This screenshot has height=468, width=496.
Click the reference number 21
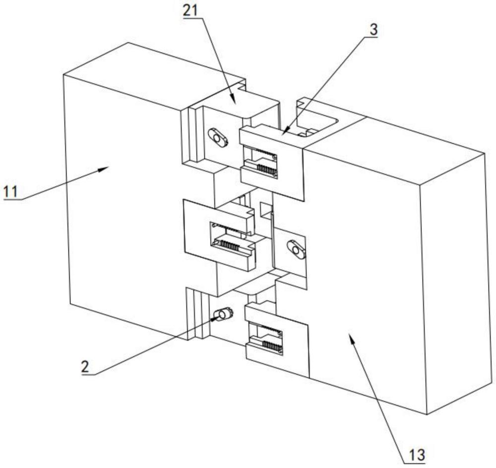pos(190,10)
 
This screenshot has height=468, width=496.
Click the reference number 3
pos(373,30)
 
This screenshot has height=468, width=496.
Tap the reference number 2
pos(85,367)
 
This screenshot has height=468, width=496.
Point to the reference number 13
pos(417,455)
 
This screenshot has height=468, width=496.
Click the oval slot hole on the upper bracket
pos(218,138)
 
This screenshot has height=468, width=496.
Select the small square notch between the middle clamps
pos(266,210)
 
